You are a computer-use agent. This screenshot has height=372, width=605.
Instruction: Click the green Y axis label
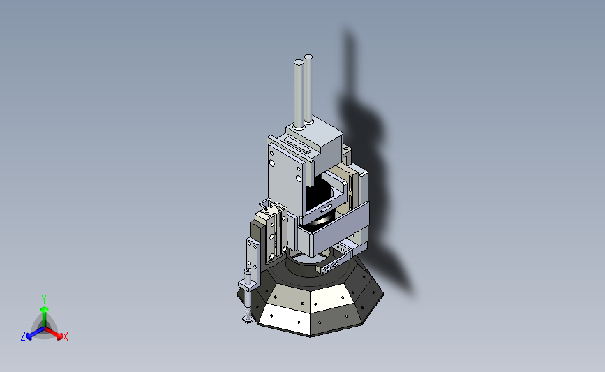43,299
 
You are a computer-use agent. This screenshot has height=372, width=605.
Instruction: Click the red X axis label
65,336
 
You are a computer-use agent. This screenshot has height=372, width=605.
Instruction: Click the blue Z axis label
23,336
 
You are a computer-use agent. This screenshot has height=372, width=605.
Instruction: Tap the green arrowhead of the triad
44,309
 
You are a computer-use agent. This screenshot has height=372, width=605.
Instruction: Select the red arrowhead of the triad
59,336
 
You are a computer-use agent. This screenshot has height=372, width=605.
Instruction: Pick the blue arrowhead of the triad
29,337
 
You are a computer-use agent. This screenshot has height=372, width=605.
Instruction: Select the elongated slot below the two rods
298,144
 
